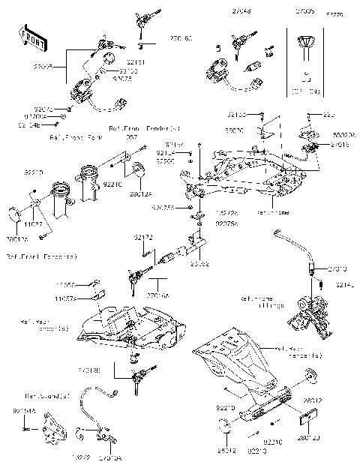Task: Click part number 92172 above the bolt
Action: tap(144, 237)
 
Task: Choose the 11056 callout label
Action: tap(86, 286)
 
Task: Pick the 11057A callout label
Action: tap(87, 297)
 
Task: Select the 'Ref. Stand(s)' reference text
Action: tap(46, 395)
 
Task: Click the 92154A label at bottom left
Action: tap(23, 412)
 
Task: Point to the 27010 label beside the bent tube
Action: tap(338, 268)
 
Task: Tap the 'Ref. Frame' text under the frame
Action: tap(272, 212)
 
